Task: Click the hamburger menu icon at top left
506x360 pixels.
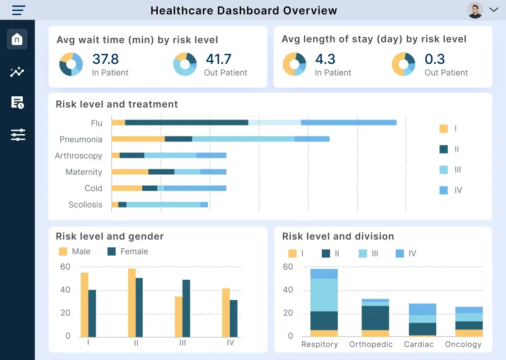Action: [x=19, y=10]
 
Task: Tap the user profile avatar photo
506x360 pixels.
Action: [x=475, y=10]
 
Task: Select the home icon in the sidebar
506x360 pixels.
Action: [x=17, y=39]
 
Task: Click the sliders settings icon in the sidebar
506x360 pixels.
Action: [x=18, y=135]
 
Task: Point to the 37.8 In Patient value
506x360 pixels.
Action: [x=105, y=59]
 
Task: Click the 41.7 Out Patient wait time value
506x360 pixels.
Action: [x=218, y=59]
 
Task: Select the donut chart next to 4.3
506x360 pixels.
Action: [x=294, y=64]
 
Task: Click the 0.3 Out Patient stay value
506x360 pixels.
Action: [x=434, y=59]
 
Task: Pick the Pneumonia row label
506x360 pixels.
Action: [x=81, y=139]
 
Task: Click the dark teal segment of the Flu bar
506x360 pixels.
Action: [x=186, y=122]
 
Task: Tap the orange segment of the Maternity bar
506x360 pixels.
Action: [x=130, y=172]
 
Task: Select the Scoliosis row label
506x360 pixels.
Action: [x=85, y=204]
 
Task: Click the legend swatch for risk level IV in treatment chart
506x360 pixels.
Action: [x=444, y=190]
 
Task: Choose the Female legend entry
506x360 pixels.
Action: [x=128, y=251]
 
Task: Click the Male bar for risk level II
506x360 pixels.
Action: [x=132, y=303]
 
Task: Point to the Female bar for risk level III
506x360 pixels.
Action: [x=186, y=308]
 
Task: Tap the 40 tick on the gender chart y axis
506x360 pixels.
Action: [x=65, y=290]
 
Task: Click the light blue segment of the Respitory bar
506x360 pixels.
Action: [x=324, y=295]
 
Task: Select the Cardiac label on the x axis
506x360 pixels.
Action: [x=418, y=344]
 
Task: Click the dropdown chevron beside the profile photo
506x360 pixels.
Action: [x=494, y=10]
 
